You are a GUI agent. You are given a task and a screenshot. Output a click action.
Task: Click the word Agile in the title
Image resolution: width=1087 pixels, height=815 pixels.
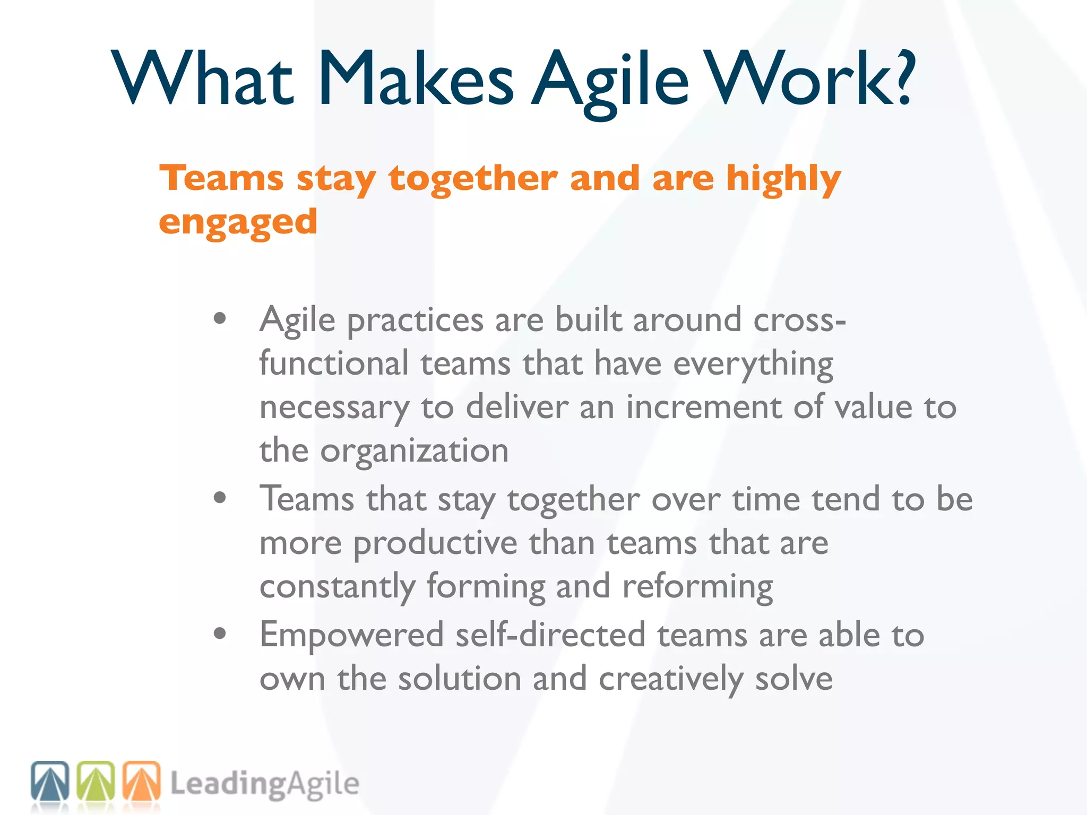click(x=610, y=80)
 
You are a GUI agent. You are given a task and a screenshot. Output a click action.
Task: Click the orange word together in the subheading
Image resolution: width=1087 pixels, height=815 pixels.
click(x=472, y=178)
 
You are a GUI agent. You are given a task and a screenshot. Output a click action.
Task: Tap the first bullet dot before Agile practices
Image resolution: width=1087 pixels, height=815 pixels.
click(x=220, y=319)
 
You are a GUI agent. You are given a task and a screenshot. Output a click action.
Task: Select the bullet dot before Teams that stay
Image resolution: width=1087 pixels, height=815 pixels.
click(x=220, y=498)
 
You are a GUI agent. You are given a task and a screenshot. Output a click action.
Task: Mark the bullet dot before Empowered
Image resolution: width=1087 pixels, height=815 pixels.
click(x=220, y=634)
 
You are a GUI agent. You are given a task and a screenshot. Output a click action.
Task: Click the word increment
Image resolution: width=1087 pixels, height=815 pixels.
click(x=704, y=407)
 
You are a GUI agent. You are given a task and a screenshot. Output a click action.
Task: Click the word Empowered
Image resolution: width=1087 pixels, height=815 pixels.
click(x=351, y=636)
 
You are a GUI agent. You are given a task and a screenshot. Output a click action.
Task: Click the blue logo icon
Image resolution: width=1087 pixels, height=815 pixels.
click(x=50, y=781)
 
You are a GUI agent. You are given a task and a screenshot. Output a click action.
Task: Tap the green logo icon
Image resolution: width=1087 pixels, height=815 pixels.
click(x=96, y=781)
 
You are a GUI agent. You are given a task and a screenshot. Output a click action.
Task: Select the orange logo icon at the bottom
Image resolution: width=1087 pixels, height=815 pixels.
click(x=142, y=781)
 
